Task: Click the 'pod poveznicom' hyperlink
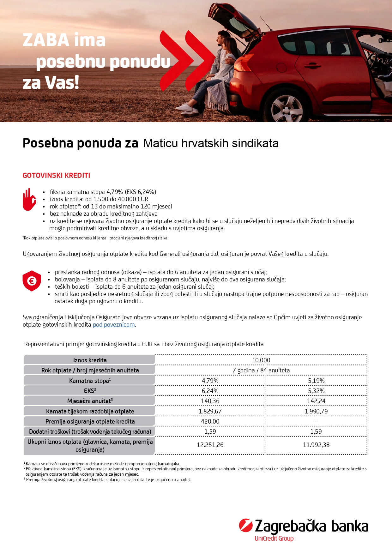(x=114, y=325)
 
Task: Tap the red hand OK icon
(x=29, y=200)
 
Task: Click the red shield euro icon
(x=32, y=280)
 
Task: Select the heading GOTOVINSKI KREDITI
(x=56, y=176)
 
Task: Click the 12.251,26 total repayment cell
(x=210, y=445)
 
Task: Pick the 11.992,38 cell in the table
(x=316, y=445)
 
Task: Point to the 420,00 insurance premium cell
(x=210, y=421)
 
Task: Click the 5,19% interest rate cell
(x=316, y=381)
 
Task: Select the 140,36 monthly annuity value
(x=210, y=401)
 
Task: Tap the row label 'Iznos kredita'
(x=90, y=360)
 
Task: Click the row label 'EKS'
(x=90, y=391)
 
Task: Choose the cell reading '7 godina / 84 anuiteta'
(x=261, y=370)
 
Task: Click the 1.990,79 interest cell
(x=316, y=411)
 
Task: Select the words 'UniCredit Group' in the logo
(x=274, y=538)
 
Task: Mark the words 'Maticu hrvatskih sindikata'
(x=211, y=143)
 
